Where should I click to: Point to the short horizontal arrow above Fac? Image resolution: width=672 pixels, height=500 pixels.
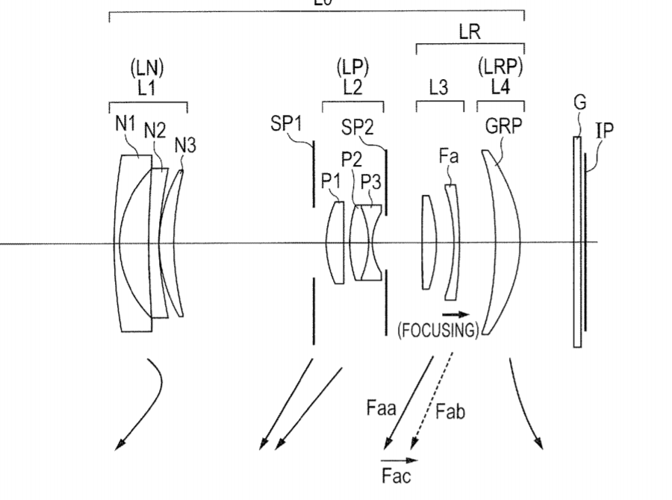pos(396,460)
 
